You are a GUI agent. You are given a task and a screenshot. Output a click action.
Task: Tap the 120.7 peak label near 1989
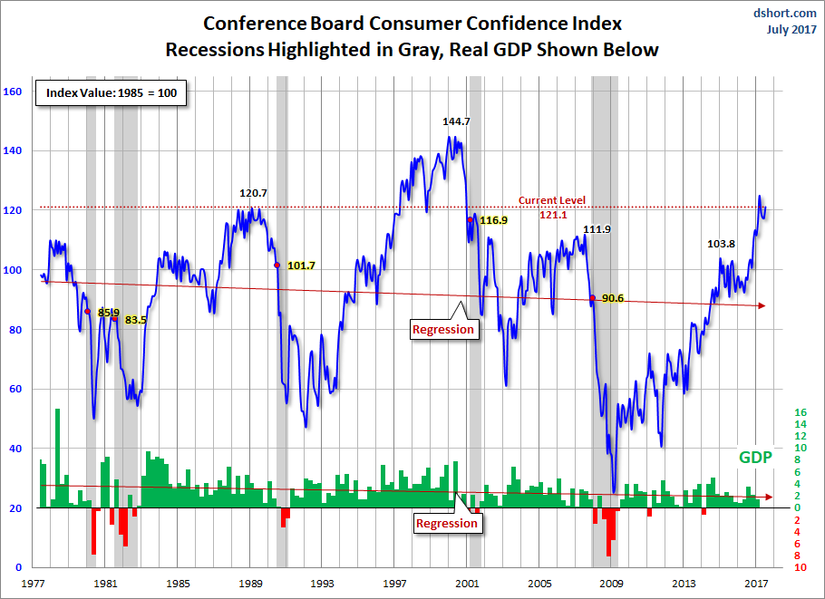coord(253,193)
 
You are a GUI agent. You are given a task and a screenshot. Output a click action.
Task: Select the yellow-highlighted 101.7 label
coord(302,266)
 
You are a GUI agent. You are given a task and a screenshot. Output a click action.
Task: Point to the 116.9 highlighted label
coord(494,220)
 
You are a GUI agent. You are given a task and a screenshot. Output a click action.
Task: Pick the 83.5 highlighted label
coord(137,320)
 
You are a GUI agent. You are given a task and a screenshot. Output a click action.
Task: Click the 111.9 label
coord(597,229)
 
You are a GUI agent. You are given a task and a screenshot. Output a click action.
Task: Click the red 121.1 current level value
coord(552,215)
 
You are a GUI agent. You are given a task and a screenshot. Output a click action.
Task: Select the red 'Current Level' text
coord(552,200)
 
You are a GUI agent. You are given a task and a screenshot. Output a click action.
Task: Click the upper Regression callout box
coord(443,329)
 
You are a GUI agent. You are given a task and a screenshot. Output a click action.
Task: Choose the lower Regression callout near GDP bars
coord(446,523)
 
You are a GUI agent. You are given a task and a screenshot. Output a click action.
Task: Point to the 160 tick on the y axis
coord(13,91)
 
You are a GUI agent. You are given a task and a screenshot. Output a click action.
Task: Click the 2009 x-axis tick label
coord(613,584)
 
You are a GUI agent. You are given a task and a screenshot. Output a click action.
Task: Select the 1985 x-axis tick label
coord(178,584)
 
